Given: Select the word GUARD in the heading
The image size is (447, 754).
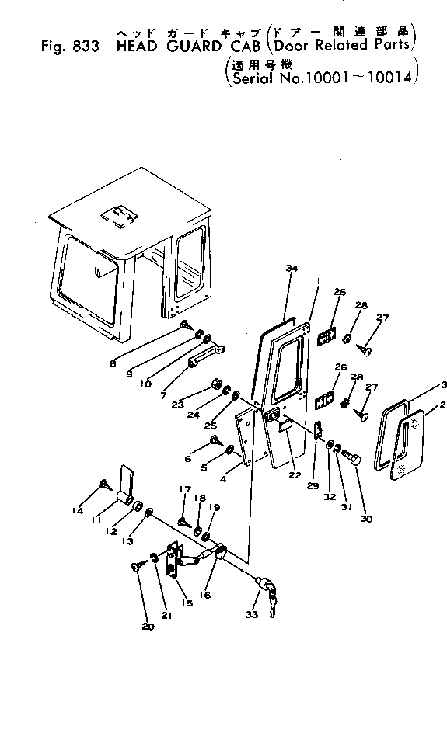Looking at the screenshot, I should pyautogui.click(x=181, y=47).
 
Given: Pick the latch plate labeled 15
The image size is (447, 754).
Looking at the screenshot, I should pyautogui.click(x=175, y=561).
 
